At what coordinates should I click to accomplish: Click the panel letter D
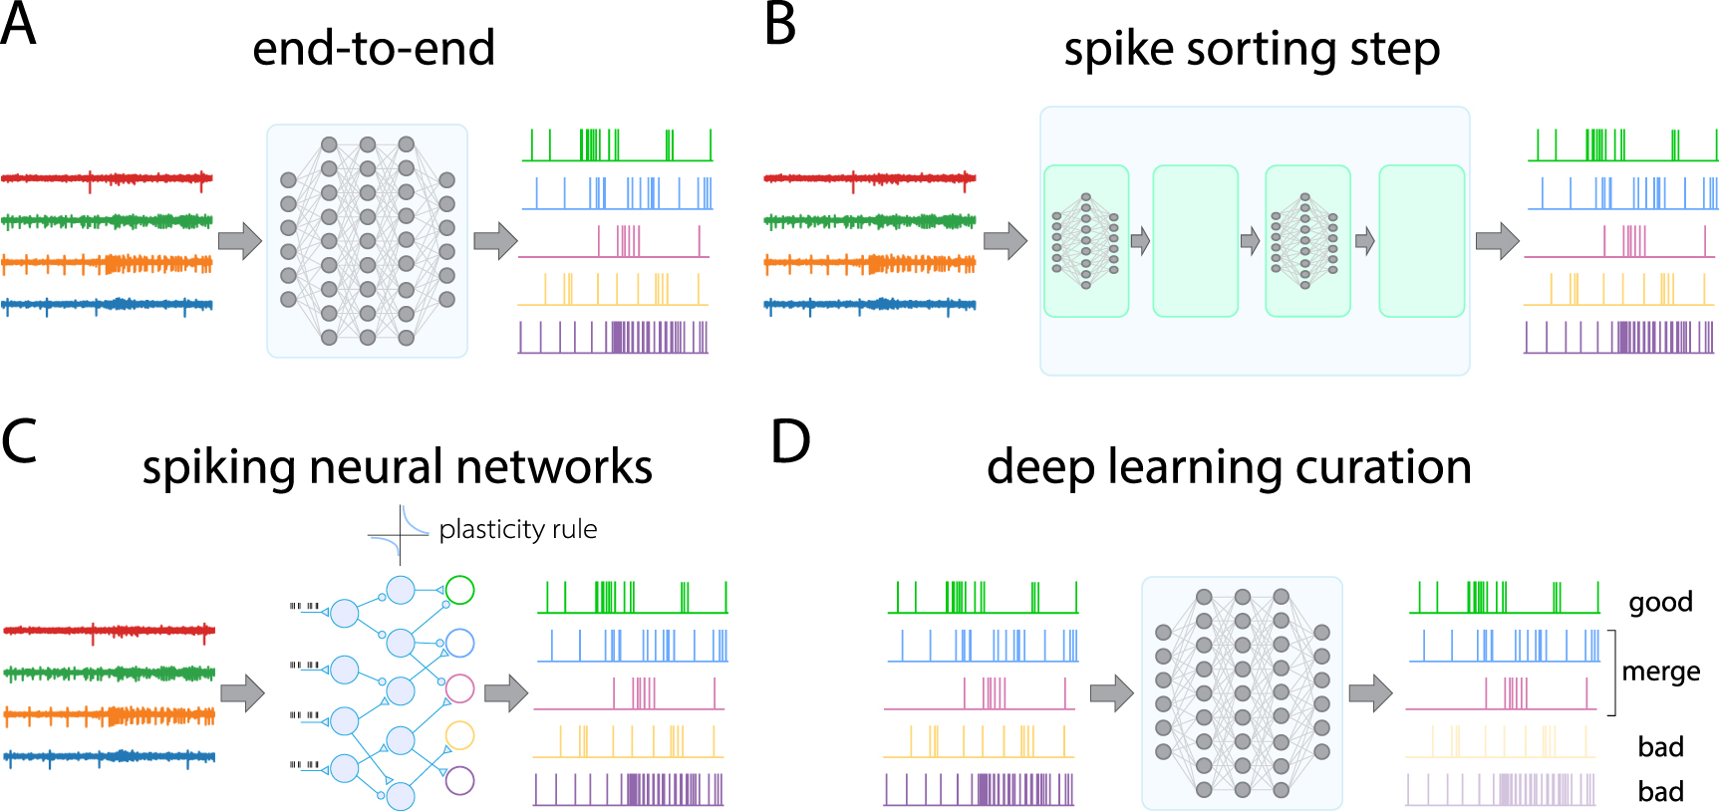790,442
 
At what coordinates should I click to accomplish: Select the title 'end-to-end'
374,49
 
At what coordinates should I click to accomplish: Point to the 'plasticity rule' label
517,529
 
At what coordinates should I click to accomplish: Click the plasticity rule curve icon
399,534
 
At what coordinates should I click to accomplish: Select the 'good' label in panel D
1660,602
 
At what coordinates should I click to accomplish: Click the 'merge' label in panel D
1660,672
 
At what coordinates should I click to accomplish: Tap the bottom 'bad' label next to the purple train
1660,792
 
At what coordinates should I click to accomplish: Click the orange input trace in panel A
107,264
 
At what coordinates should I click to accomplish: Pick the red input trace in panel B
869,179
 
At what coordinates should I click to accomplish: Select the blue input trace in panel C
109,757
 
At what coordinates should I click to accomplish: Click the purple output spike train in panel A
613,338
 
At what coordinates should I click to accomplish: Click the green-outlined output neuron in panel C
459,590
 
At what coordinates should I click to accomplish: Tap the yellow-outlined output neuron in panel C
459,735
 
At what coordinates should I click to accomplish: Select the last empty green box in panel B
1421,241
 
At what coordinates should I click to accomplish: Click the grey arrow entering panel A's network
239,240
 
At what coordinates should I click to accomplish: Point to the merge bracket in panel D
1612,673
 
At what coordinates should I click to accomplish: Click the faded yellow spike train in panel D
1501,742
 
